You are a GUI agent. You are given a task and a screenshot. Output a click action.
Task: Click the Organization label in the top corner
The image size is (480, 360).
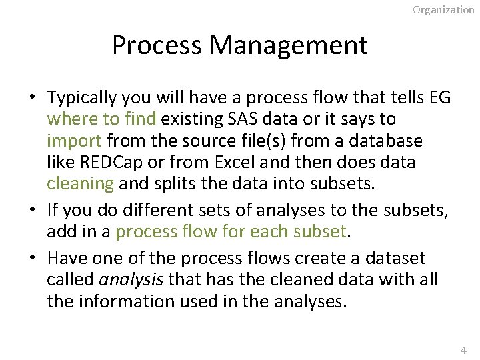pyautogui.click(x=443, y=9)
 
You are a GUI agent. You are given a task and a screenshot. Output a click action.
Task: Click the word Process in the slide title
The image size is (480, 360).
pyautogui.click(x=157, y=45)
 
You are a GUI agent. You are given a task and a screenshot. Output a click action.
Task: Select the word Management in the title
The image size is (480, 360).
pyautogui.click(x=288, y=45)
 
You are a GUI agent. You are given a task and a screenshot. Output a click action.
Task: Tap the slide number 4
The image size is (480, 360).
pyautogui.click(x=464, y=350)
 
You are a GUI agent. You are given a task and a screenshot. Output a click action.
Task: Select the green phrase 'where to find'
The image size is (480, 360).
pyautogui.click(x=101, y=119)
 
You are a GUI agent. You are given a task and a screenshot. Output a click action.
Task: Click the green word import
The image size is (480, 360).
pyautogui.click(x=74, y=141)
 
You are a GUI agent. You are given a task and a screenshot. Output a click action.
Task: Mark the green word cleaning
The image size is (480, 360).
pyautogui.click(x=80, y=183)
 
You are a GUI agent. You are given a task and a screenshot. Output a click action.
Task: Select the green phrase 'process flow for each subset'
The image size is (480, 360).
pyautogui.click(x=231, y=231)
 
